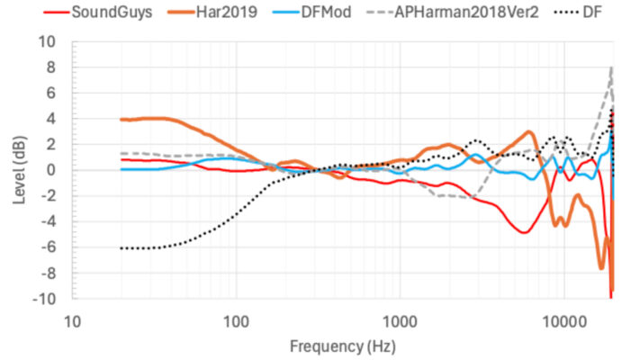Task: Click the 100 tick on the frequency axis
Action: point(237,320)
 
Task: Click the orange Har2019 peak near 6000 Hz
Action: point(529,132)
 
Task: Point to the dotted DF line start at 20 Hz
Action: point(122,247)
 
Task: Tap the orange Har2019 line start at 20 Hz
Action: point(122,120)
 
